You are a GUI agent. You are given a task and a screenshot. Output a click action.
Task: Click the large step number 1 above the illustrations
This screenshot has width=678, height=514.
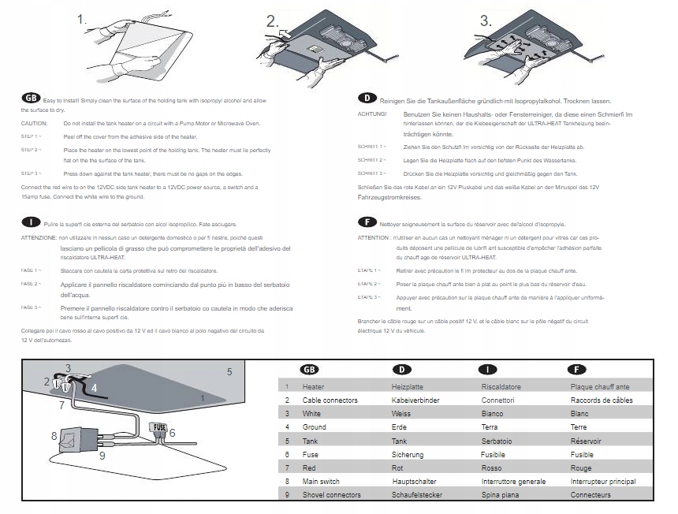[83, 20]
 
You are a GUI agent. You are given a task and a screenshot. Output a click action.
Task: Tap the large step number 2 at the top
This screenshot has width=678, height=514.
[273, 22]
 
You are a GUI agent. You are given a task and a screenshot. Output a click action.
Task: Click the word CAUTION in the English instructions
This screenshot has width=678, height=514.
[35, 124]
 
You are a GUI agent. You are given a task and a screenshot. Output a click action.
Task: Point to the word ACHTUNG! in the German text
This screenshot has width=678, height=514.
[372, 115]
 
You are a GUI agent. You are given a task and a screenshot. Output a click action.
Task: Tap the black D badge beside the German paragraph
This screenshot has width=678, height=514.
[367, 99]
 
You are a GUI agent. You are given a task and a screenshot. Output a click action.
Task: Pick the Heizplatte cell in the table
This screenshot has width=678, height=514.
[407, 387]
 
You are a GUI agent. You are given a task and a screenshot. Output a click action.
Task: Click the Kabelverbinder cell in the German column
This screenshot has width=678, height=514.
[415, 400]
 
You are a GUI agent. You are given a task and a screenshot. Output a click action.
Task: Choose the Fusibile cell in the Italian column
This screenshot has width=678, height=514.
[494, 454]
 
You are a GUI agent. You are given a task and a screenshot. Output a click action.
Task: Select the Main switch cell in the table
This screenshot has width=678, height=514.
[322, 481]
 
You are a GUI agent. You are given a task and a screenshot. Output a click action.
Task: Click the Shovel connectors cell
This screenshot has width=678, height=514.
[331, 494]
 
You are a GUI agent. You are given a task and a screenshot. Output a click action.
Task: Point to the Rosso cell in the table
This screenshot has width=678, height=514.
[492, 467]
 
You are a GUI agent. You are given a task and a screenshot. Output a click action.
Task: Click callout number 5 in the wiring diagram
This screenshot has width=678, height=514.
[229, 371]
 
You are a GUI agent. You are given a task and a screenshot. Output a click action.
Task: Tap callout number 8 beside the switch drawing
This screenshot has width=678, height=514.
[54, 435]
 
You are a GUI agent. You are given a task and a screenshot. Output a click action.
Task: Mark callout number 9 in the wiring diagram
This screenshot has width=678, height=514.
[102, 455]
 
